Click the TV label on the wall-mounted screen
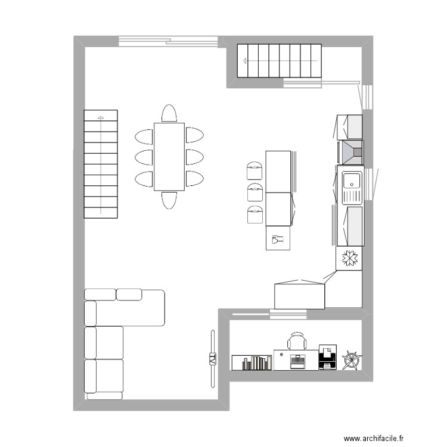point(212,359)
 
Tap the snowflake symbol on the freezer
point(349,259)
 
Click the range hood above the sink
point(350,152)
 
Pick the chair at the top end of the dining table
point(169,114)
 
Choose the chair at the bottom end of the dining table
point(169,200)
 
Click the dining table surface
point(169,157)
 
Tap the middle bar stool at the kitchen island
point(254,193)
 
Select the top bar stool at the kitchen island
point(254,170)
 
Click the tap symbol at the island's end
point(278,240)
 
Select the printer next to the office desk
point(327,358)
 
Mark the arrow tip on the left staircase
point(101,117)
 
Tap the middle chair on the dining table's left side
point(145,157)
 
